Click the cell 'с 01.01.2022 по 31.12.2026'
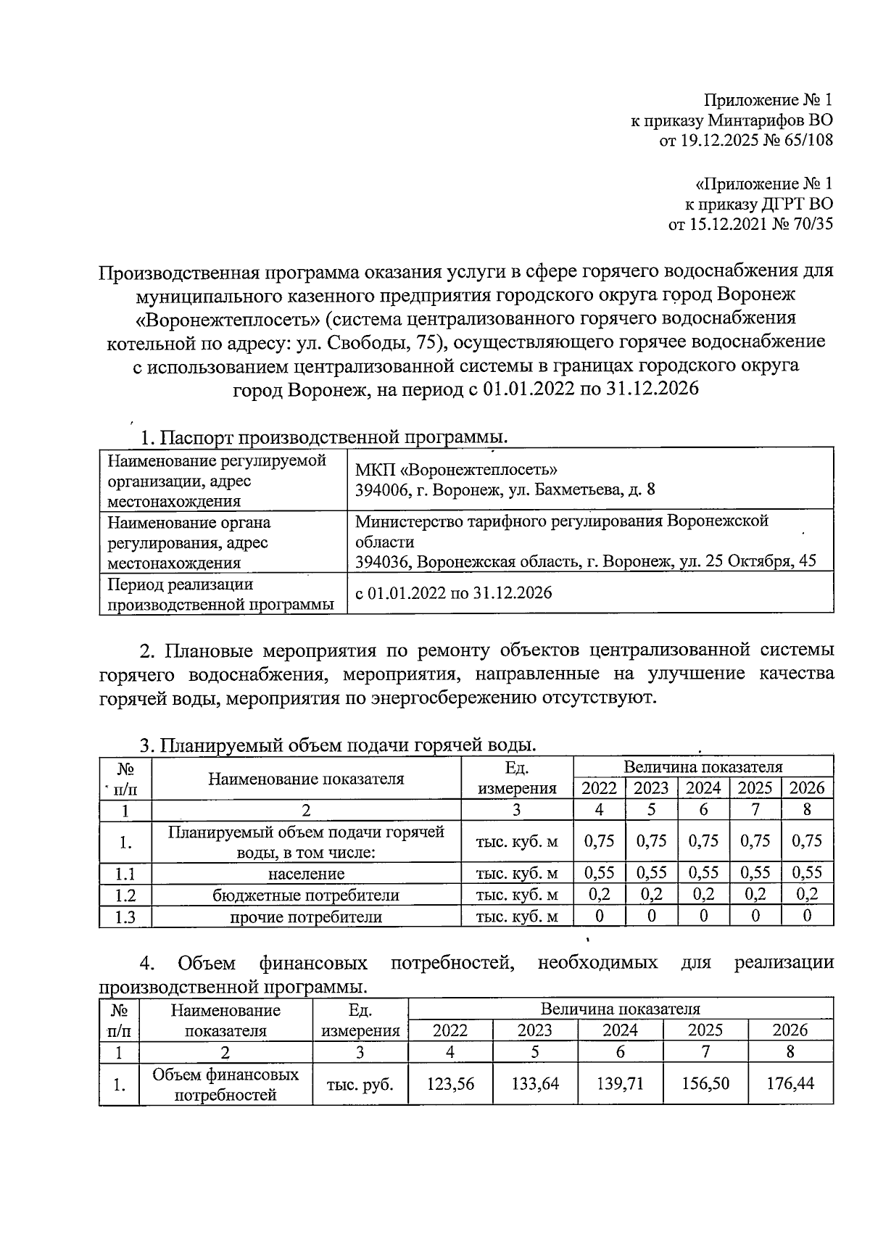453,593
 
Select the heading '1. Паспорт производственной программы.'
323,438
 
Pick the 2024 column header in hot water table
703,788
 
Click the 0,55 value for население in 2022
599,872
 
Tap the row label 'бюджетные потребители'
306,895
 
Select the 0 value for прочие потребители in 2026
807,916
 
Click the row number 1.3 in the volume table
125,917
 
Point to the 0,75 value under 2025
755,841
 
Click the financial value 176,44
790,1084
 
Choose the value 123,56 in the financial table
450,1084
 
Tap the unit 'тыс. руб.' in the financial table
360,1085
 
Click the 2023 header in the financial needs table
535,1030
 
